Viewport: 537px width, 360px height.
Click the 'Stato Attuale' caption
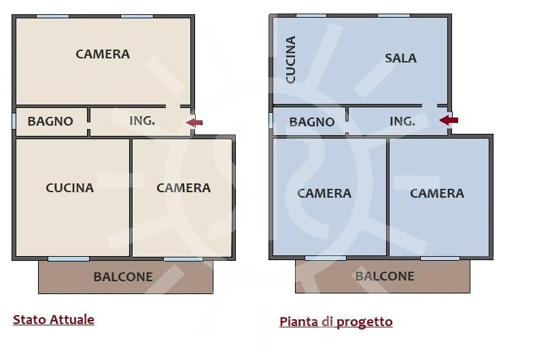(x=54, y=320)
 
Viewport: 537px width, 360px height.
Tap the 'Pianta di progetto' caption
(x=336, y=322)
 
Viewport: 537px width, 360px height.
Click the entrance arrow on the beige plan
(x=194, y=122)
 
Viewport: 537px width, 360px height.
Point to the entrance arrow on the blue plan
(x=449, y=120)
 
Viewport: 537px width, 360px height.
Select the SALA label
(x=400, y=58)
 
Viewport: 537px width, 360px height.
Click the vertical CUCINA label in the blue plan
(x=291, y=60)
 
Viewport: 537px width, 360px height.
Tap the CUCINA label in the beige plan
(x=70, y=188)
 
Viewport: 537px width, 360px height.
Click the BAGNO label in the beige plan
(x=50, y=122)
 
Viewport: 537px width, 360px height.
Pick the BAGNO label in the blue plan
(x=312, y=122)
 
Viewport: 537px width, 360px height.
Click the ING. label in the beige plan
(x=142, y=121)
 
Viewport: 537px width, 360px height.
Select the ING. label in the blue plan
(x=402, y=122)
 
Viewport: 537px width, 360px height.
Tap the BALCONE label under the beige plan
(x=123, y=277)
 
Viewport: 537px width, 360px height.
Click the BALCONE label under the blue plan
(x=385, y=276)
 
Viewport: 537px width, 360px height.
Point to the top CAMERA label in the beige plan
(x=103, y=54)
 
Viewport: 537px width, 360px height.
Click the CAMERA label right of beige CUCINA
(x=184, y=188)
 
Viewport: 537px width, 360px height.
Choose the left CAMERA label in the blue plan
(x=324, y=194)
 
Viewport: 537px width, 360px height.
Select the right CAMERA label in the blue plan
(x=437, y=194)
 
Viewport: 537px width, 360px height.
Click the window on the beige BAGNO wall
(x=14, y=121)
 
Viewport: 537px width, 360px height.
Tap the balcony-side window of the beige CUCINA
(x=69, y=259)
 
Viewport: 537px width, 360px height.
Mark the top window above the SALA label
(x=394, y=16)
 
